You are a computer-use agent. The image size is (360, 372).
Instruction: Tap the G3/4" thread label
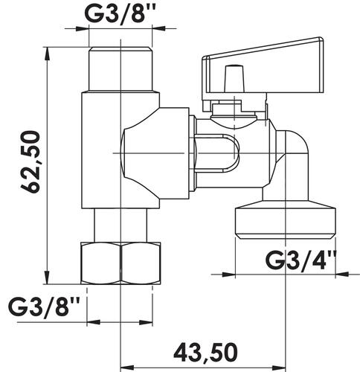point(300,260)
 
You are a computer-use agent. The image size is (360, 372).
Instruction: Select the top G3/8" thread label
point(120,13)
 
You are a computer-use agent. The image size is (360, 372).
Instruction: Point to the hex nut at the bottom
point(120,263)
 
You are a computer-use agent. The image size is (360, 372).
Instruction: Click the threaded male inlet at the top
point(120,69)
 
